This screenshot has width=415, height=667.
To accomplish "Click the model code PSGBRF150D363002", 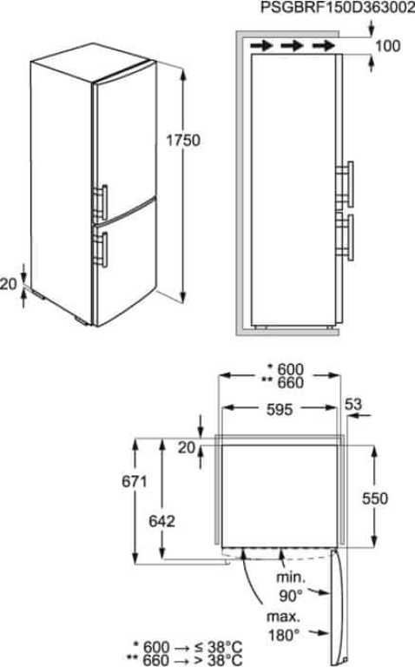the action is coord(338,7).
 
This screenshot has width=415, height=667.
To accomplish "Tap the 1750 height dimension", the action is coord(183,140).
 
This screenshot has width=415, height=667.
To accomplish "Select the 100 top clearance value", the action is coord(387,45).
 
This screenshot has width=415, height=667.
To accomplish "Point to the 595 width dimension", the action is coord(280,409).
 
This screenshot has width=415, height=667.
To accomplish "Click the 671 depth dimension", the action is coord(135,481).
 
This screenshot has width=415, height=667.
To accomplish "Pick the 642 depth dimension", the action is coord(162,521).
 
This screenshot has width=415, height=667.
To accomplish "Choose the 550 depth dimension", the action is coord(375,499).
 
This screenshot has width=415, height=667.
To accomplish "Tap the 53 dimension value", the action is coord(352,404).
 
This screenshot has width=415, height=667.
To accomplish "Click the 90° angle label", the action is coord(291,596).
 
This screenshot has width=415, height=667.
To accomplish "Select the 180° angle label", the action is coord(284,635).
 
